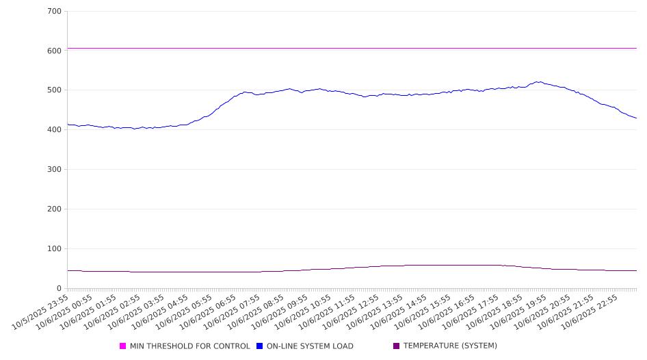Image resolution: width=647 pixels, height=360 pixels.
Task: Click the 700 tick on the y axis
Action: [x=54, y=12]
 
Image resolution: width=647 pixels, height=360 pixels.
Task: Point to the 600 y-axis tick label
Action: [x=54, y=51]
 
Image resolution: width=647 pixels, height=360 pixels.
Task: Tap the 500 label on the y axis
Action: [x=54, y=90]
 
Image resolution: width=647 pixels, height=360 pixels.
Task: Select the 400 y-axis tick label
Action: [x=54, y=130]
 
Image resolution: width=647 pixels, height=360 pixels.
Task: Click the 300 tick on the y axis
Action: [x=54, y=170]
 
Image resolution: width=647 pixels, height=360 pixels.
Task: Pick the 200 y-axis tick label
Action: [x=54, y=209]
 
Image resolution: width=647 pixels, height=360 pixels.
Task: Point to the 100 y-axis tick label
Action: [x=54, y=249]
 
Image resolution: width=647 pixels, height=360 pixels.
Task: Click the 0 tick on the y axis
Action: [x=59, y=289]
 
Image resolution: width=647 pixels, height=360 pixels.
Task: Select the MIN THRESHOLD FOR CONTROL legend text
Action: [x=189, y=346]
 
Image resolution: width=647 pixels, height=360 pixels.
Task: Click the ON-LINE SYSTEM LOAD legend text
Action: [x=310, y=346]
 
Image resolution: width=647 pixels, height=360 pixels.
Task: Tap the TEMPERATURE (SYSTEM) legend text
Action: [x=450, y=346]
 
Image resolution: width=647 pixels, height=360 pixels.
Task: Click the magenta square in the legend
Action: [x=123, y=346]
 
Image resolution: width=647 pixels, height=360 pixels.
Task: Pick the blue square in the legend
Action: [x=260, y=346]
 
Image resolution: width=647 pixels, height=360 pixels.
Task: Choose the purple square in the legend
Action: [x=397, y=346]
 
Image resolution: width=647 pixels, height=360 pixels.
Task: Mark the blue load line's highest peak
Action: [x=540, y=82]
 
